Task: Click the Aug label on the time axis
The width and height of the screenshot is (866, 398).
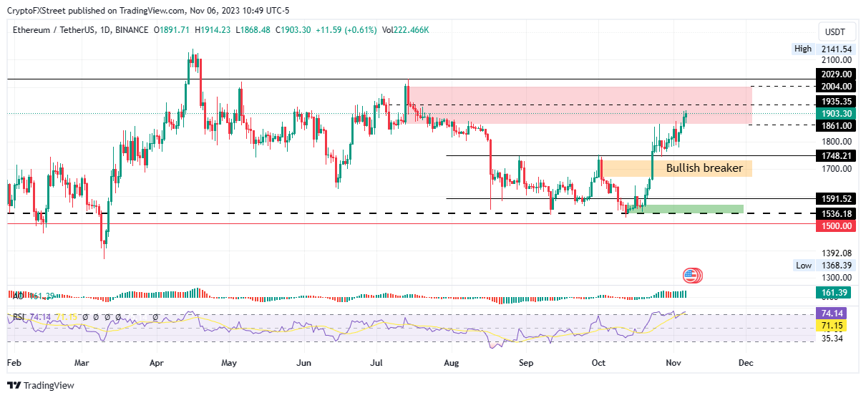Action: [452, 362]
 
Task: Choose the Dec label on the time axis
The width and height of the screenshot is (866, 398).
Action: [745, 362]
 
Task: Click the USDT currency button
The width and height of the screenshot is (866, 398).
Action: [835, 32]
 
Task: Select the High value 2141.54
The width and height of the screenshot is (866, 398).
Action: [836, 49]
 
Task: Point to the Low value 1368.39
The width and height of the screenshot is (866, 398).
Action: [836, 266]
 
